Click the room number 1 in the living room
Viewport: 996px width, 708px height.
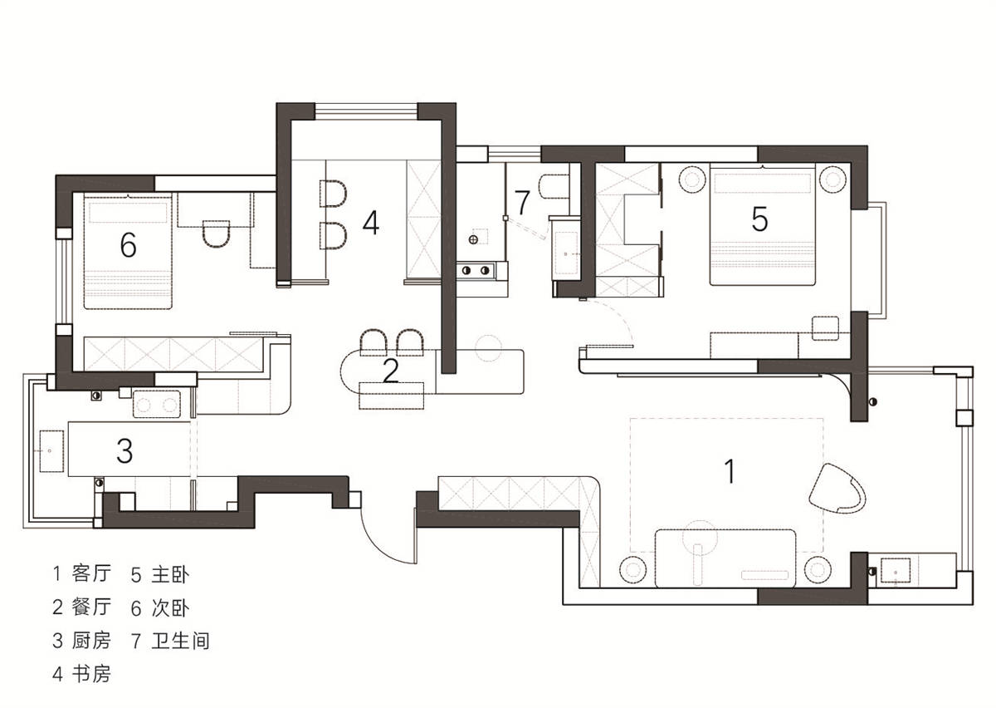(730, 471)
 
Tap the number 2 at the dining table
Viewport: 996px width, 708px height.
(390, 371)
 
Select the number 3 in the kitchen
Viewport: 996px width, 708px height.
(124, 450)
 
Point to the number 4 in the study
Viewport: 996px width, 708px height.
(371, 223)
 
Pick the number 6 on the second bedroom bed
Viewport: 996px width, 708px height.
(128, 245)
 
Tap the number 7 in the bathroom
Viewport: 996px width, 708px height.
(522, 202)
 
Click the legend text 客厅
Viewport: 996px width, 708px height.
(91, 573)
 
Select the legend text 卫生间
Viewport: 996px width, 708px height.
(180, 641)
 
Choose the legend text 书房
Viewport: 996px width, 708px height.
(91, 674)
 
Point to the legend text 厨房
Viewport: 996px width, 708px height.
(91, 641)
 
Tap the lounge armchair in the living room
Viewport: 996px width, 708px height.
(837, 489)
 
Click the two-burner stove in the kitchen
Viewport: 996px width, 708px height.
(157, 404)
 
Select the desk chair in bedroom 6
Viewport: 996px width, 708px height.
(217, 234)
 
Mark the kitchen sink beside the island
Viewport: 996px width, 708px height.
(51, 450)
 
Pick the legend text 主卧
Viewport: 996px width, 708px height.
(170, 574)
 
